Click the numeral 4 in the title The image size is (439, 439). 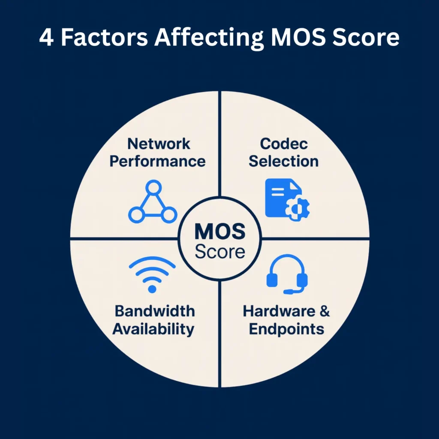coord(46,37)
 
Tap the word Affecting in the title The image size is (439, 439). coord(209,38)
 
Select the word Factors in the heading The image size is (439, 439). coord(105,37)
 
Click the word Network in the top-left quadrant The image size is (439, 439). coord(159,144)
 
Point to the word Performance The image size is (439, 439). coord(158,162)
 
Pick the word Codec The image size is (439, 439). coord(284,144)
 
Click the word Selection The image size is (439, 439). coord(284,162)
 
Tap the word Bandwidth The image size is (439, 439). coord(155,311)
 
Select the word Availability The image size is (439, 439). coord(153,329)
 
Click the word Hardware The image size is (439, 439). coord(279,311)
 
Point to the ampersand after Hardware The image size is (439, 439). coord(325,311)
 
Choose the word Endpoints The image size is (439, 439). coord(286,329)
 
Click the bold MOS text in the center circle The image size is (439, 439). coord(220,232)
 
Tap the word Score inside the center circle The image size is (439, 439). coord(220,252)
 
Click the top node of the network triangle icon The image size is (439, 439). coord(153,187)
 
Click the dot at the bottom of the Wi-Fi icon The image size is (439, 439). coord(152,289)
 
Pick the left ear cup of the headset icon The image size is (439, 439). coord(272,280)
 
